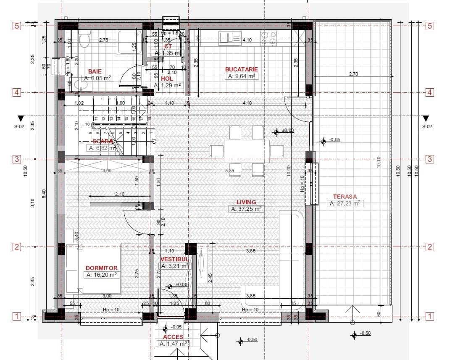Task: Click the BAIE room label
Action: coord(95,71)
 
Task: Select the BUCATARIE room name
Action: coord(241,69)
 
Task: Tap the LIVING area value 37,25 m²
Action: coord(246,209)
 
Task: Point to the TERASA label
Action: coord(345,196)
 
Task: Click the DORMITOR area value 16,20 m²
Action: coord(101,275)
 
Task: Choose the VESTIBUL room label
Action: coord(174,259)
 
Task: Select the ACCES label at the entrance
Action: coord(173,337)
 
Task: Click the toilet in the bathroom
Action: coord(84,39)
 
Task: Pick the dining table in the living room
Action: coord(247,151)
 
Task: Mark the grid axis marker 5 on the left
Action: coord(17,26)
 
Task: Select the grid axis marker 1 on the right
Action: coord(430,316)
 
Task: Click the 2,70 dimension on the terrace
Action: coord(353,74)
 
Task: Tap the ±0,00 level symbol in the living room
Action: coord(276,132)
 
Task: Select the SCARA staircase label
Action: coord(103,141)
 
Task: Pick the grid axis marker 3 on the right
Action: coord(430,159)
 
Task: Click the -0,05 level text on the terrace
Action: coord(335,139)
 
